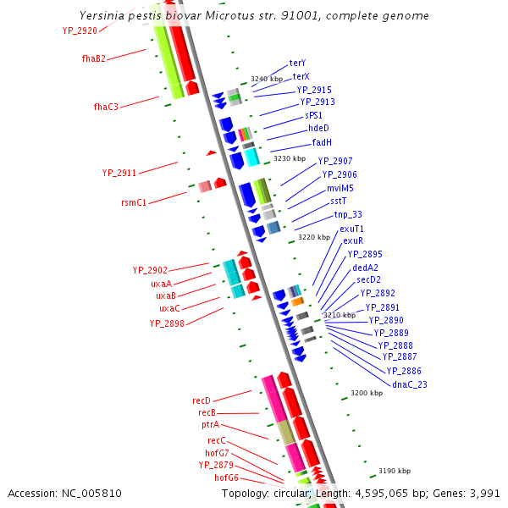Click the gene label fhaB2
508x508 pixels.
(x=94, y=58)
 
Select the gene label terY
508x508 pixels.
(x=297, y=63)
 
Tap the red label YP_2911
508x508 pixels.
(x=119, y=173)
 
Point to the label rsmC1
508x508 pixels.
(x=134, y=203)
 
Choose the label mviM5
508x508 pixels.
(x=340, y=188)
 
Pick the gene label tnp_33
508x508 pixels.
(x=348, y=215)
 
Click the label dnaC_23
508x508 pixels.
(x=410, y=384)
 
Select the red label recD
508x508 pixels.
(x=202, y=400)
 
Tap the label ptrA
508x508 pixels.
(x=211, y=424)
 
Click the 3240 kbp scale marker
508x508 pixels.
(x=267, y=79)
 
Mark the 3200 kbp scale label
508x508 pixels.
(x=367, y=393)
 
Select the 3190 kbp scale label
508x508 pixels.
(x=395, y=471)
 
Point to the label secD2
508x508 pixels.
(x=368, y=279)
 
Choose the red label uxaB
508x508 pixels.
(x=166, y=296)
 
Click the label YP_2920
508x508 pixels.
(x=80, y=30)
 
